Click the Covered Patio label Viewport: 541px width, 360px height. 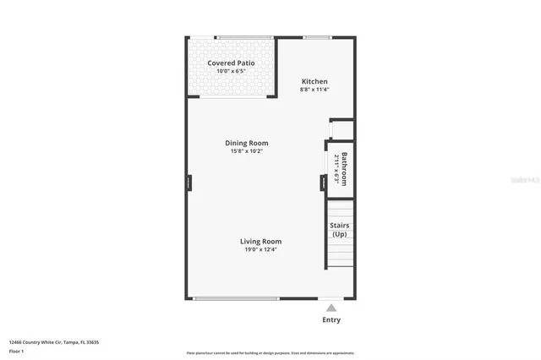(231, 63)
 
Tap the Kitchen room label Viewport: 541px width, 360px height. (314, 81)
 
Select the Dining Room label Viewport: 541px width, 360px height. (247, 143)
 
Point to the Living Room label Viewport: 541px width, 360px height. (260, 242)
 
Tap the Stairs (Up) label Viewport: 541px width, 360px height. (340, 230)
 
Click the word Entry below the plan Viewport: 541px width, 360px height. (332, 320)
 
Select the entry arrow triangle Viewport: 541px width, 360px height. (332, 308)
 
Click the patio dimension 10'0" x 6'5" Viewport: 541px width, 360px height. (231, 73)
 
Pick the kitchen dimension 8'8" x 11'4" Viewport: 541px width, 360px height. (314, 90)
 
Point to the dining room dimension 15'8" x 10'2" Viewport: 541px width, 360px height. (247, 151)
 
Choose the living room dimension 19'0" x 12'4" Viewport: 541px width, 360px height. (260, 250)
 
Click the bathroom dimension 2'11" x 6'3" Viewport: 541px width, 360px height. (336, 169)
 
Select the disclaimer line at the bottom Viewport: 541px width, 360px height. (270, 353)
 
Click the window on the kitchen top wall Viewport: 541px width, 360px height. (317, 37)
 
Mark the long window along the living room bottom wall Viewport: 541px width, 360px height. (237, 298)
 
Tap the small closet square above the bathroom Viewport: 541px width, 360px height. (341, 130)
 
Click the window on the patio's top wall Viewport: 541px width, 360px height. (244, 37)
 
